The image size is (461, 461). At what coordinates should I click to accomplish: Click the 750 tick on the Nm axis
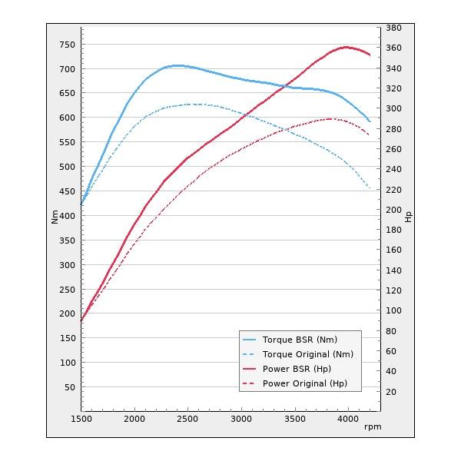pos(68,45)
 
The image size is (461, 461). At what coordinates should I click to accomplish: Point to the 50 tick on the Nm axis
pos(70,387)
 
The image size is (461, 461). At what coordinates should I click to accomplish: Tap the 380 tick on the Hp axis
pos(393,28)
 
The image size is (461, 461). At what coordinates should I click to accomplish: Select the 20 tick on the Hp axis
pos(390,392)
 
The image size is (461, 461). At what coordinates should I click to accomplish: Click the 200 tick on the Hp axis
pos(393,210)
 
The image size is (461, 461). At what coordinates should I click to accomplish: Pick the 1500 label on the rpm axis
pos(81,420)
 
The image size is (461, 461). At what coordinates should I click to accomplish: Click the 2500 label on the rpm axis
pos(187,420)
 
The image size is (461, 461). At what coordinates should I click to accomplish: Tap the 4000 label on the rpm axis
pos(347,420)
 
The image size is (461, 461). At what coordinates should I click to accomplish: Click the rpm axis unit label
pos(373,426)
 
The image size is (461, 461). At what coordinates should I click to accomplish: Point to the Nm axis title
pos(55,217)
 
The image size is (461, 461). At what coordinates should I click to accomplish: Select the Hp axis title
pos(409,217)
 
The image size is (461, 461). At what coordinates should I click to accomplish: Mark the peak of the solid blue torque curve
pos(178,65)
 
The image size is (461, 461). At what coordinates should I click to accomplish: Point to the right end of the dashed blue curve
pos(370,189)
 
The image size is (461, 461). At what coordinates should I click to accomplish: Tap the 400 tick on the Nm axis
pos(68,216)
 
